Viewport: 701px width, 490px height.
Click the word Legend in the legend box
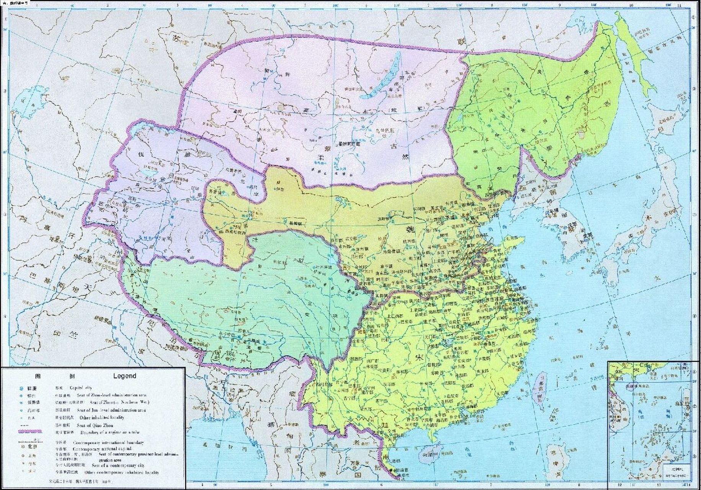[x=124, y=376]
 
